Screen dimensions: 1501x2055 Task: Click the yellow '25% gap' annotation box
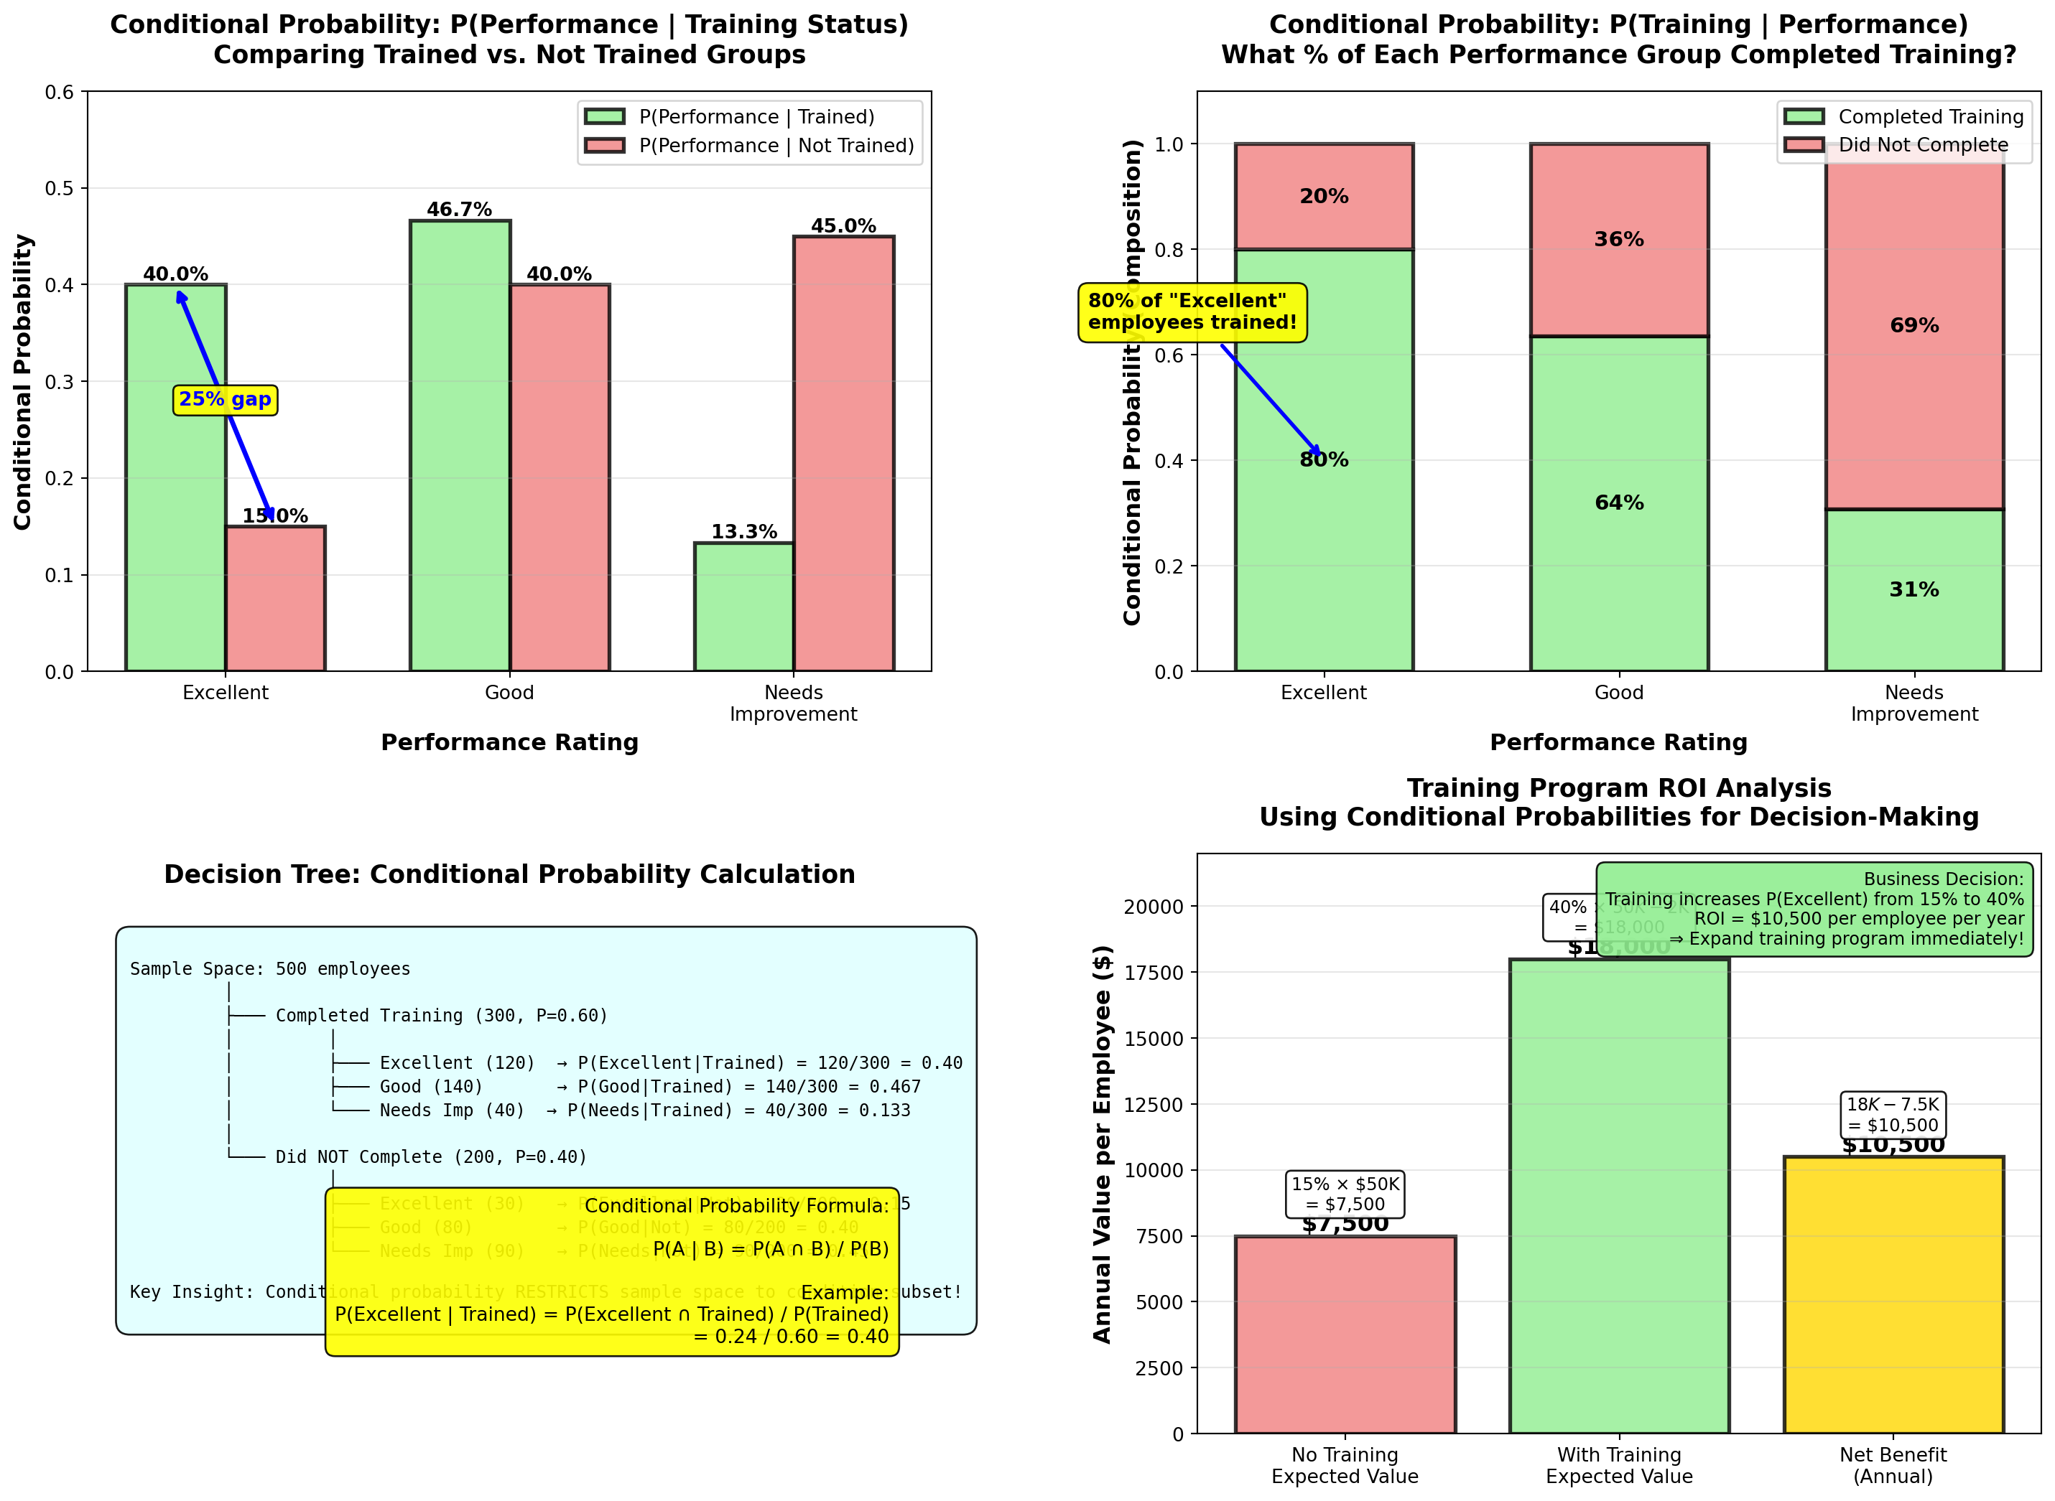pyautogui.click(x=225, y=400)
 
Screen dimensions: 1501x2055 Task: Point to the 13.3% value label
pyautogui.click(x=743, y=531)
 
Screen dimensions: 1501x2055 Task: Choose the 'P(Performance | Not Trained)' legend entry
pyautogui.click(x=775, y=146)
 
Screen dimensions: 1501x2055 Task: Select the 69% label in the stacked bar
pyautogui.click(x=1913, y=325)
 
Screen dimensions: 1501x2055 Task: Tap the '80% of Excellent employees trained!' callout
pyautogui.click(x=1192, y=312)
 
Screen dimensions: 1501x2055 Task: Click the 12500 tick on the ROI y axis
pyautogui.click(x=1154, y=1104)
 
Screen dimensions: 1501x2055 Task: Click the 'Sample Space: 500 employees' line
pyautogui.click(x=270, y=968)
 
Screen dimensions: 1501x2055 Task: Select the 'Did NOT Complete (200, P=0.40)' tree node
pyautogui.click(x=431, y=1156)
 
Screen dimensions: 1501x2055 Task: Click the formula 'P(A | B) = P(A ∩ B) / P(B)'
pyautogui.click(x=770, y=1249)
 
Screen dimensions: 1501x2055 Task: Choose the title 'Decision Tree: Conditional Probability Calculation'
pyautogui.click(x=509, y=874)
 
